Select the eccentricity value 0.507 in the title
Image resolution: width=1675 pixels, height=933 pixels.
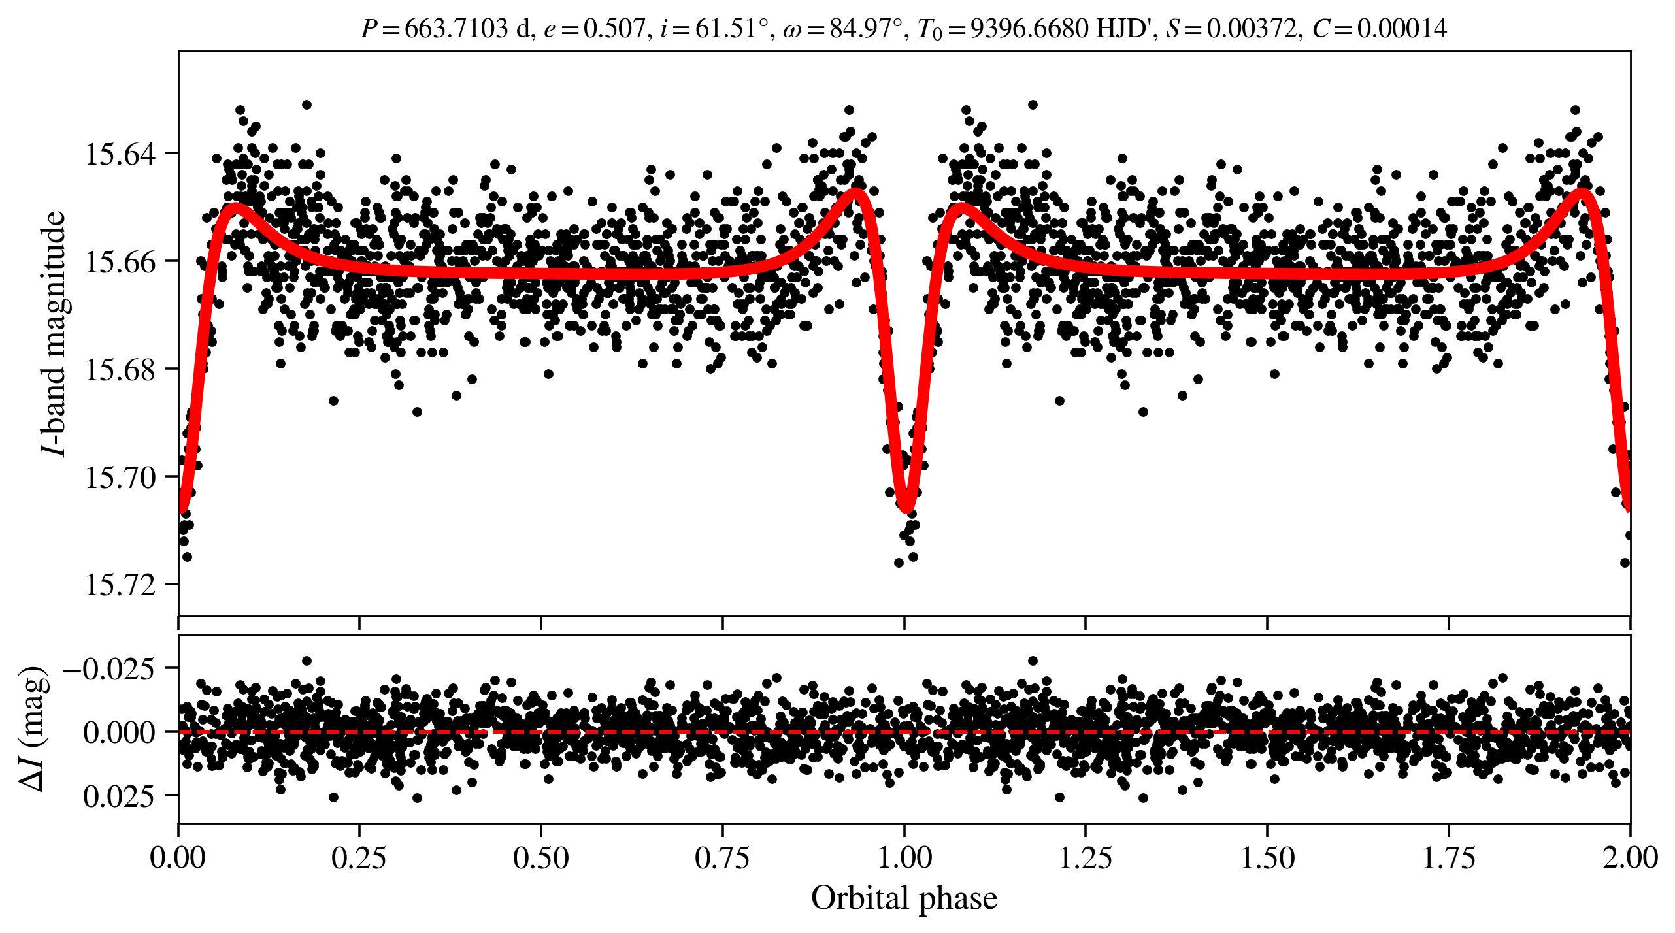pos(614,29)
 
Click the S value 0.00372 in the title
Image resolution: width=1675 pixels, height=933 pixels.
pos(1252,29)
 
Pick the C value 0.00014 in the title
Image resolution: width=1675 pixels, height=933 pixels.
pos(1402,29)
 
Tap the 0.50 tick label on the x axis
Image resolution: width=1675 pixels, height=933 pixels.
pos(540,857)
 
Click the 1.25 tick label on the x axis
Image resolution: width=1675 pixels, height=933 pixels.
pos(1085,857)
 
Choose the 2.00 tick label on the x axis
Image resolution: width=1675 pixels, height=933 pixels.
pos(1630,857)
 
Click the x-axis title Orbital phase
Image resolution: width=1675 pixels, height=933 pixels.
pos(904,898)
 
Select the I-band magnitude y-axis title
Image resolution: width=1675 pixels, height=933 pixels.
pos(54,333)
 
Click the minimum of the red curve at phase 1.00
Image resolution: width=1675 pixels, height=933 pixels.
pos(906,509)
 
